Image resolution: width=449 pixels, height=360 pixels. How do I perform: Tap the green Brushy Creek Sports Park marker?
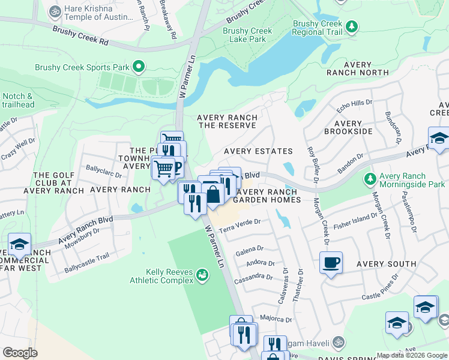pos(139,66)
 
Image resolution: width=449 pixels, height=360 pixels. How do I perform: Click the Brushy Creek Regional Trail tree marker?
pos(352,26)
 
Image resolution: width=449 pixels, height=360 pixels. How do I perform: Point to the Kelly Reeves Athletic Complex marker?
pos(203,275)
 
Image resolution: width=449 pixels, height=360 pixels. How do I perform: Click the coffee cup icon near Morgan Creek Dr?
pos(331,262)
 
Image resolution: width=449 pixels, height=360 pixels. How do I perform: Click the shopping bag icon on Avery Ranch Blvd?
pos(213,194)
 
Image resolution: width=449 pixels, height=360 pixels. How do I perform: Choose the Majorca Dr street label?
pos(276,319)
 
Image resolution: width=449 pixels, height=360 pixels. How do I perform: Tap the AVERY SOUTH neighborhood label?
pos(386,264)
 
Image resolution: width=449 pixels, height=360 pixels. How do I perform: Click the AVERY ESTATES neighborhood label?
pos(258,151)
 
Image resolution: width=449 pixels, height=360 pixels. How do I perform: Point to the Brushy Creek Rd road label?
pos(80,35)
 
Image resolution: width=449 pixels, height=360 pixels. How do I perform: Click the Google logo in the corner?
pos(21,353)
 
